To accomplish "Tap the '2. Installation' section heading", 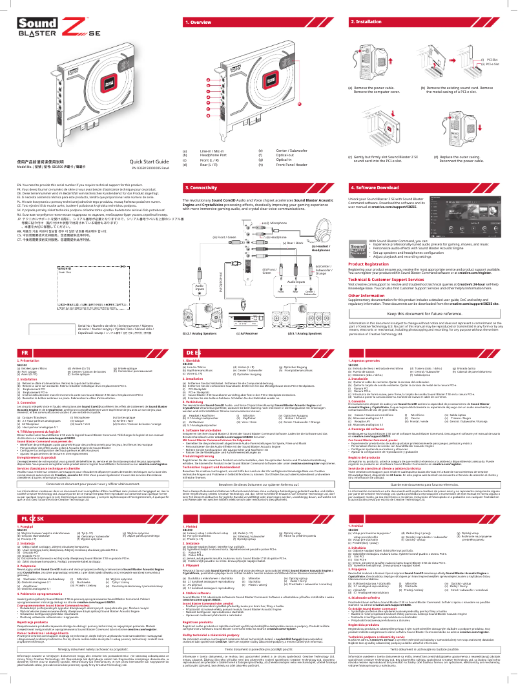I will point(365,22).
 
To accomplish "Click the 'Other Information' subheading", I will point(366,296).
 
